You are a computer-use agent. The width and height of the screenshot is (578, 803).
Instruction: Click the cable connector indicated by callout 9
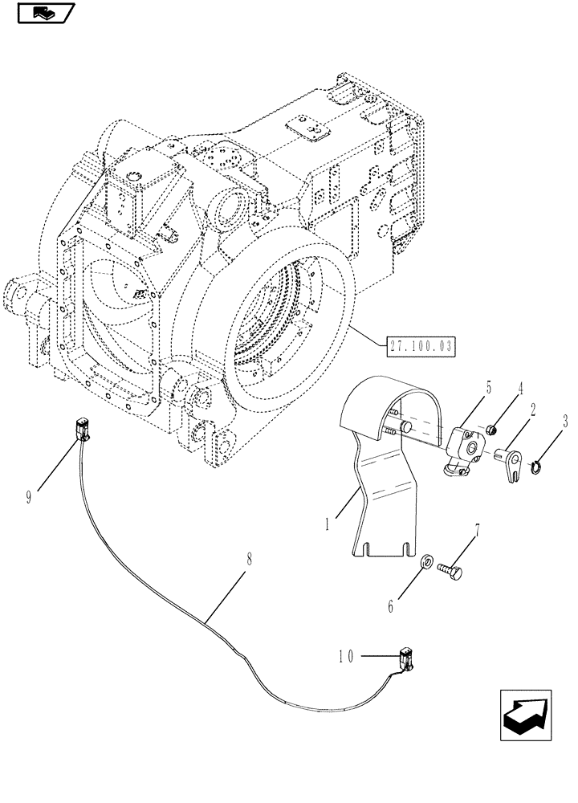(x=83, y=429)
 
